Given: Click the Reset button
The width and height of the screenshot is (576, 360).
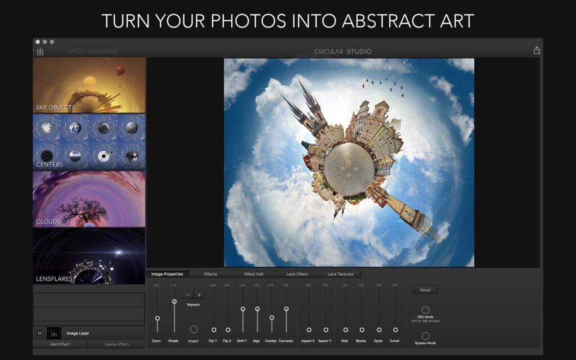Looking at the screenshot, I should click(425, 290).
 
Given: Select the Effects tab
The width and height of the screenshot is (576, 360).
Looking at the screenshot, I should click(210, 274).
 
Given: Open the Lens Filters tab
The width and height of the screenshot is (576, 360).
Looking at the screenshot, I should click(297, 274).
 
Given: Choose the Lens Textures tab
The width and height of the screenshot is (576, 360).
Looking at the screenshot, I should click(340, 274).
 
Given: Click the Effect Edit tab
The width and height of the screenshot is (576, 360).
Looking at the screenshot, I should click(254, 274).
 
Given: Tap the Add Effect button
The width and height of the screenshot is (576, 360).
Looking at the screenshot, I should click(60, 344).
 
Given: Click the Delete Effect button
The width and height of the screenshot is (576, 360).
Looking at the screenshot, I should click(116, 344).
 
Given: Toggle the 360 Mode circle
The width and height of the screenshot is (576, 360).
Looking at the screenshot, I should click(425, 310).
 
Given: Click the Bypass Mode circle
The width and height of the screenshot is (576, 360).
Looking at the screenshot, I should click(425, 336).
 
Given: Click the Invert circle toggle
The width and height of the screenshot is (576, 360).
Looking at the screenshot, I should click(193, 329).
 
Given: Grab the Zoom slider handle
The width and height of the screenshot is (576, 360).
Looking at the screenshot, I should click(157, 318).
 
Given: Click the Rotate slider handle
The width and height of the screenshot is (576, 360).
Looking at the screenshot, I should click(174, 301).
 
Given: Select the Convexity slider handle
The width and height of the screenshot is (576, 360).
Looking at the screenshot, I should click(286, 309).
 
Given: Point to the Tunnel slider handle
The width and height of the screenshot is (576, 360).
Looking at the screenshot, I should click(395, 330).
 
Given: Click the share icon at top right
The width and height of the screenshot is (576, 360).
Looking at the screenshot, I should click(537, 51).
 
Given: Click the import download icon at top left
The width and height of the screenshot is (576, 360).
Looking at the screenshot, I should click(40, 51).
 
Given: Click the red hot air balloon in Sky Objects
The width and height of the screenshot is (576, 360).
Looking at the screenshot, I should click(120, 71).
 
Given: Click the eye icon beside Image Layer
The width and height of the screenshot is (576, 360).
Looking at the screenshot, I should click(39, 333).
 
